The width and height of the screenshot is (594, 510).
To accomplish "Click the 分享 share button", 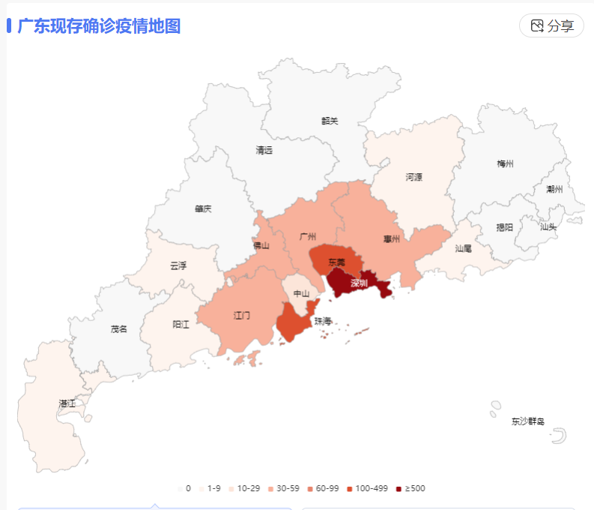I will pos(551,26).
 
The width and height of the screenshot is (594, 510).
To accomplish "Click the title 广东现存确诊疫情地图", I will pos(99,26).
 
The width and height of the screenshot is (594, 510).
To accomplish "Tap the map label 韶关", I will pos(330,121).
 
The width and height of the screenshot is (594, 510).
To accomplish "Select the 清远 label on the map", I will pos(264,150).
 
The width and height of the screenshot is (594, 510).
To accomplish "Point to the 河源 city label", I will pos(413,178).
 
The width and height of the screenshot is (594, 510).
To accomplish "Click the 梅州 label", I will pos(505,163).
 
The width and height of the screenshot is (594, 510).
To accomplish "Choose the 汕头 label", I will pos(548,226).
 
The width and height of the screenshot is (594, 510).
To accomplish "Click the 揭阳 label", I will pos(505,227).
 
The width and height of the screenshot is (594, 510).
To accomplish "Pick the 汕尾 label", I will pos(463,247).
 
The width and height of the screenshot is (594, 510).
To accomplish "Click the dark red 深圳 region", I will pos(359,283).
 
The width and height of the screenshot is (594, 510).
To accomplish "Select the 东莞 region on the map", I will pos(337,262).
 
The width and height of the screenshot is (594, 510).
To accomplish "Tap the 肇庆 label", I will pos(202,208).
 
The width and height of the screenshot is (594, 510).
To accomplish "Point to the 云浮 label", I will pos(178,265).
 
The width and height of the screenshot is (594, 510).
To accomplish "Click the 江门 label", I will pos(241,316).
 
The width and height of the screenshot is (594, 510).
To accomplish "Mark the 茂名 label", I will pos(118,328).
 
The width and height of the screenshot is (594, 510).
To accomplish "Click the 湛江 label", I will pos(67,403).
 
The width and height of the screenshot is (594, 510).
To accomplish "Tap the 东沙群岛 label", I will pos(527,421).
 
